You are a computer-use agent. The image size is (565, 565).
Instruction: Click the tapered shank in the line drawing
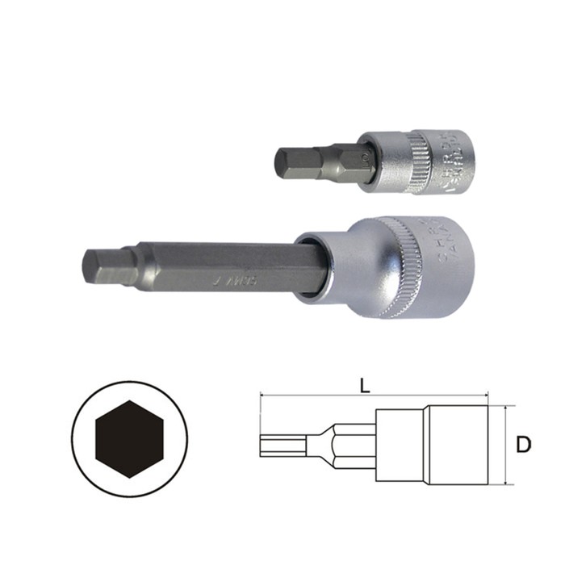[x=331, y=446]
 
